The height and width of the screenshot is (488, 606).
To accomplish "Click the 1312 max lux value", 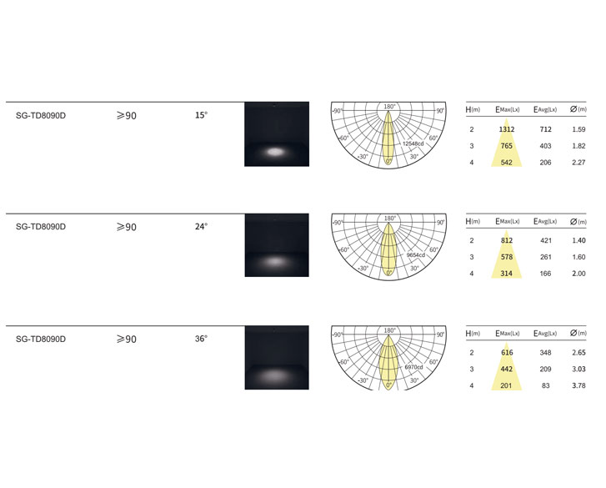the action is (x=506, y=129).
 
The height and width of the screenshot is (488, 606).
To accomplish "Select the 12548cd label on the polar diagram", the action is (x=413, y=143).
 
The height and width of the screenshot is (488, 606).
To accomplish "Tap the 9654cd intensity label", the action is (x=415, y=255).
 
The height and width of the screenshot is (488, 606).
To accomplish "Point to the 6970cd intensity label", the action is (x=413, y=367).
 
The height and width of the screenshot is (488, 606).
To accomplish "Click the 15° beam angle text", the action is (x=201, y=115).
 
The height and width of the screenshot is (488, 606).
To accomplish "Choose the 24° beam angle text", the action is (x=201, y=227).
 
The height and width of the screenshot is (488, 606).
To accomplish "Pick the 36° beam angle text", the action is (x=201, y=339).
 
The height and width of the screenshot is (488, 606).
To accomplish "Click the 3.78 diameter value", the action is (x=578, y=385).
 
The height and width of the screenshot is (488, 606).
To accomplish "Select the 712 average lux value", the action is (x=545, y=129).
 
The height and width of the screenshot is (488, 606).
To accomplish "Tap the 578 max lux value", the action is (x=506, y=257).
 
